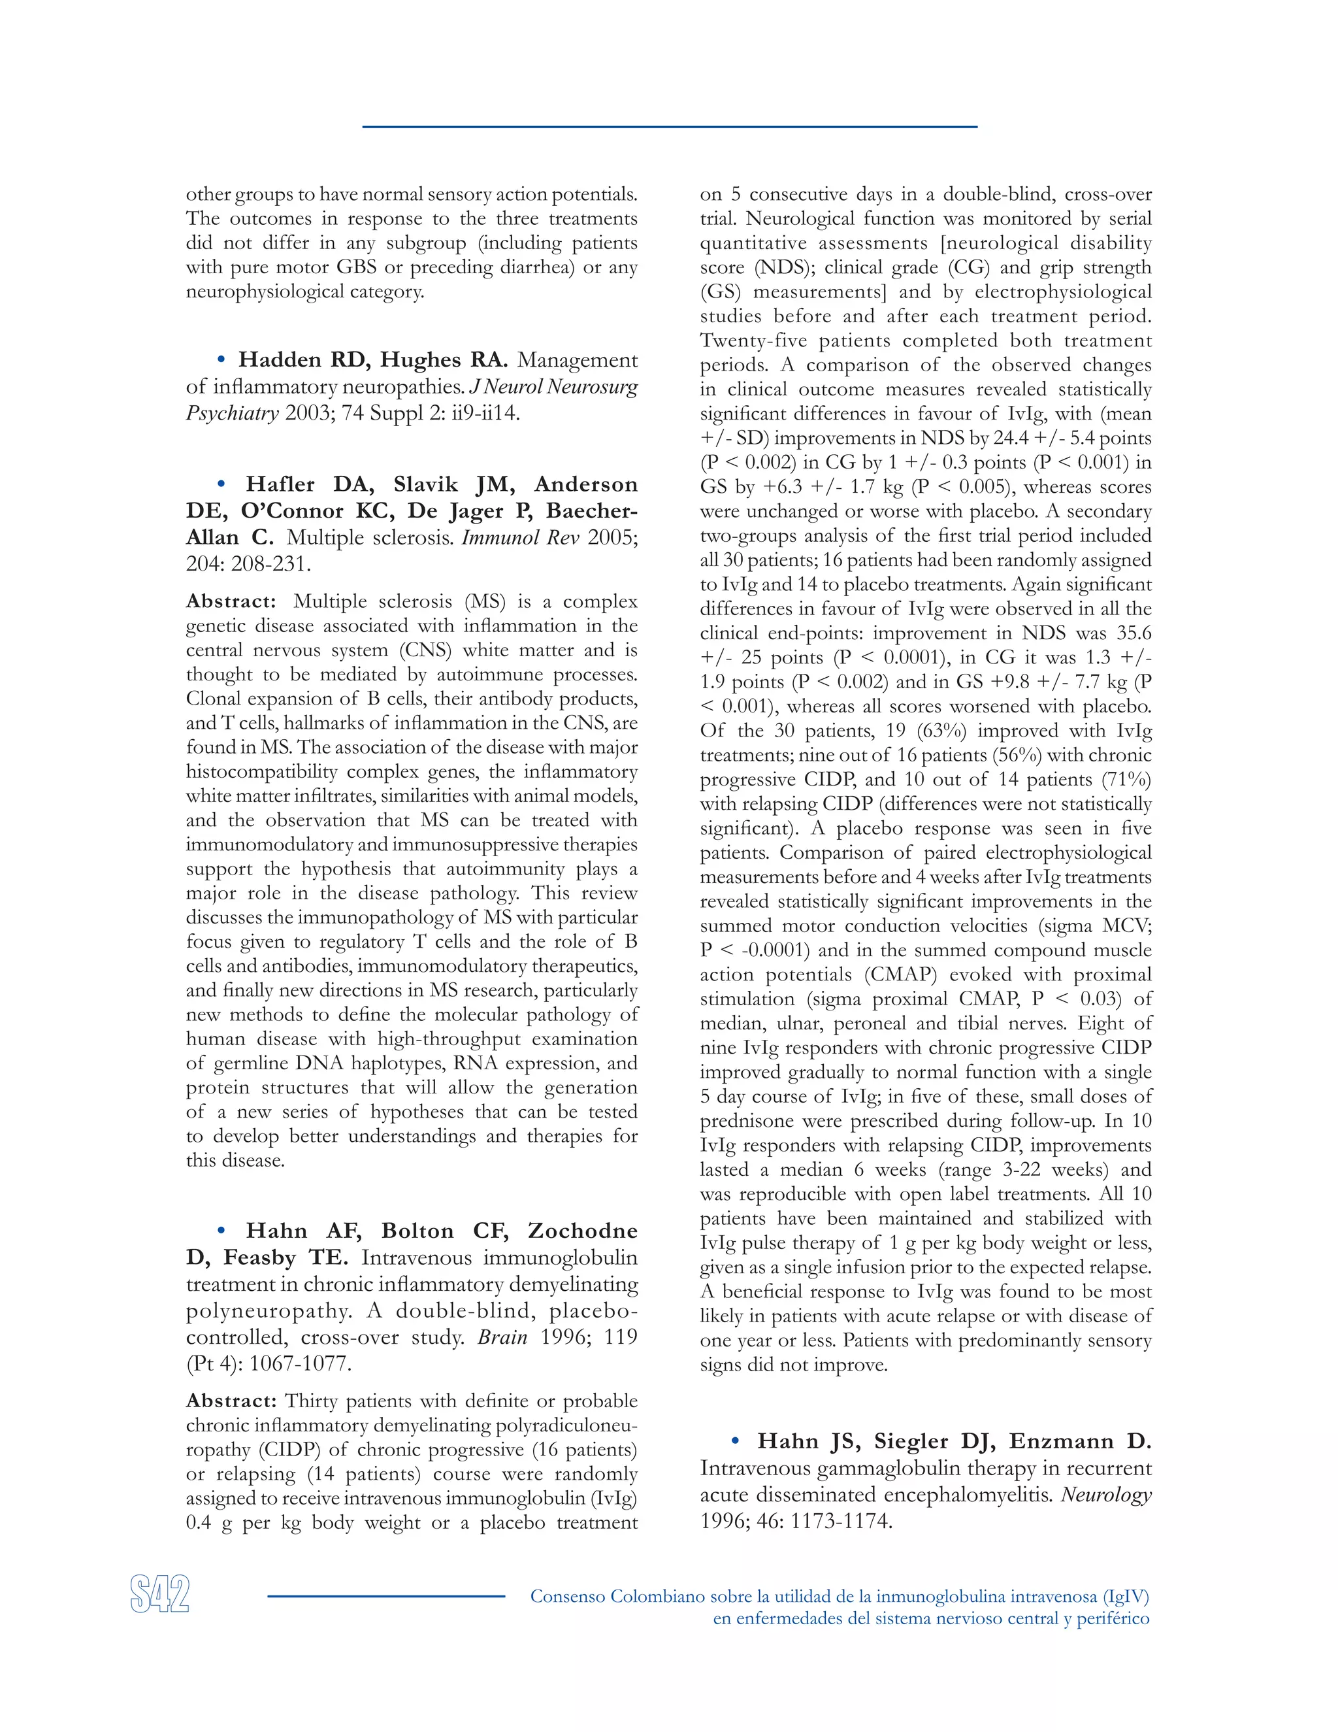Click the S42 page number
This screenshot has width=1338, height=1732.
coord(159,1595)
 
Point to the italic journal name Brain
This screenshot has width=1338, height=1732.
coord(502,1337)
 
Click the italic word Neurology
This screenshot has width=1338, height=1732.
coord(1106,1494)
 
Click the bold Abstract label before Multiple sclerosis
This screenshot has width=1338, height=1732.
coord(231,601)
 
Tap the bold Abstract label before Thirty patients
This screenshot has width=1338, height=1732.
coord(231,1401)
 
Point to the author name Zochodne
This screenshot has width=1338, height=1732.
coord(583,1230)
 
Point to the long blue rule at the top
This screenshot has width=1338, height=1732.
coord(669,127)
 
